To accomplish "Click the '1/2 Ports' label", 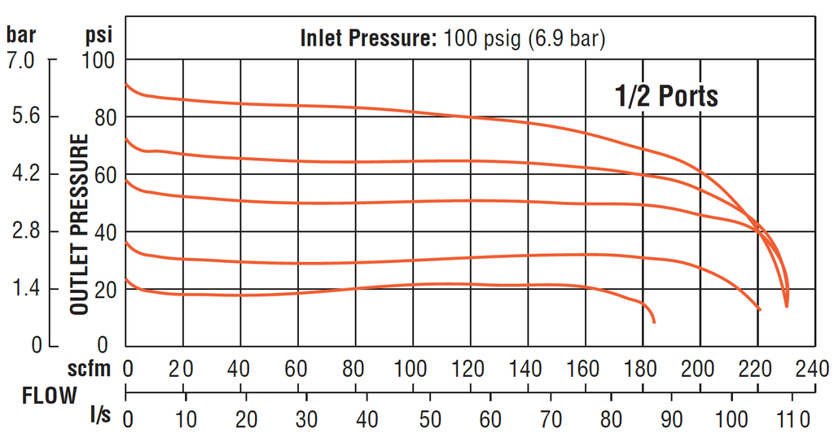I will [x=665, y=96].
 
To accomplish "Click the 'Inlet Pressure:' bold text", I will [x=370, y=38].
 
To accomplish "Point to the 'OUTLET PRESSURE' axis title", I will [x=79, y=225].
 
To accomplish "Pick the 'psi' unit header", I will [x=99, y=35].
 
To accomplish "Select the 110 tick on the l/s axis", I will [x=792, y=420].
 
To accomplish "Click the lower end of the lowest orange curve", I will [x=653, y=322].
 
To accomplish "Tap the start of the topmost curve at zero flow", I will [x=125, y=84].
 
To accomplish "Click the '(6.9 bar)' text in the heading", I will [x=567, y=38].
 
